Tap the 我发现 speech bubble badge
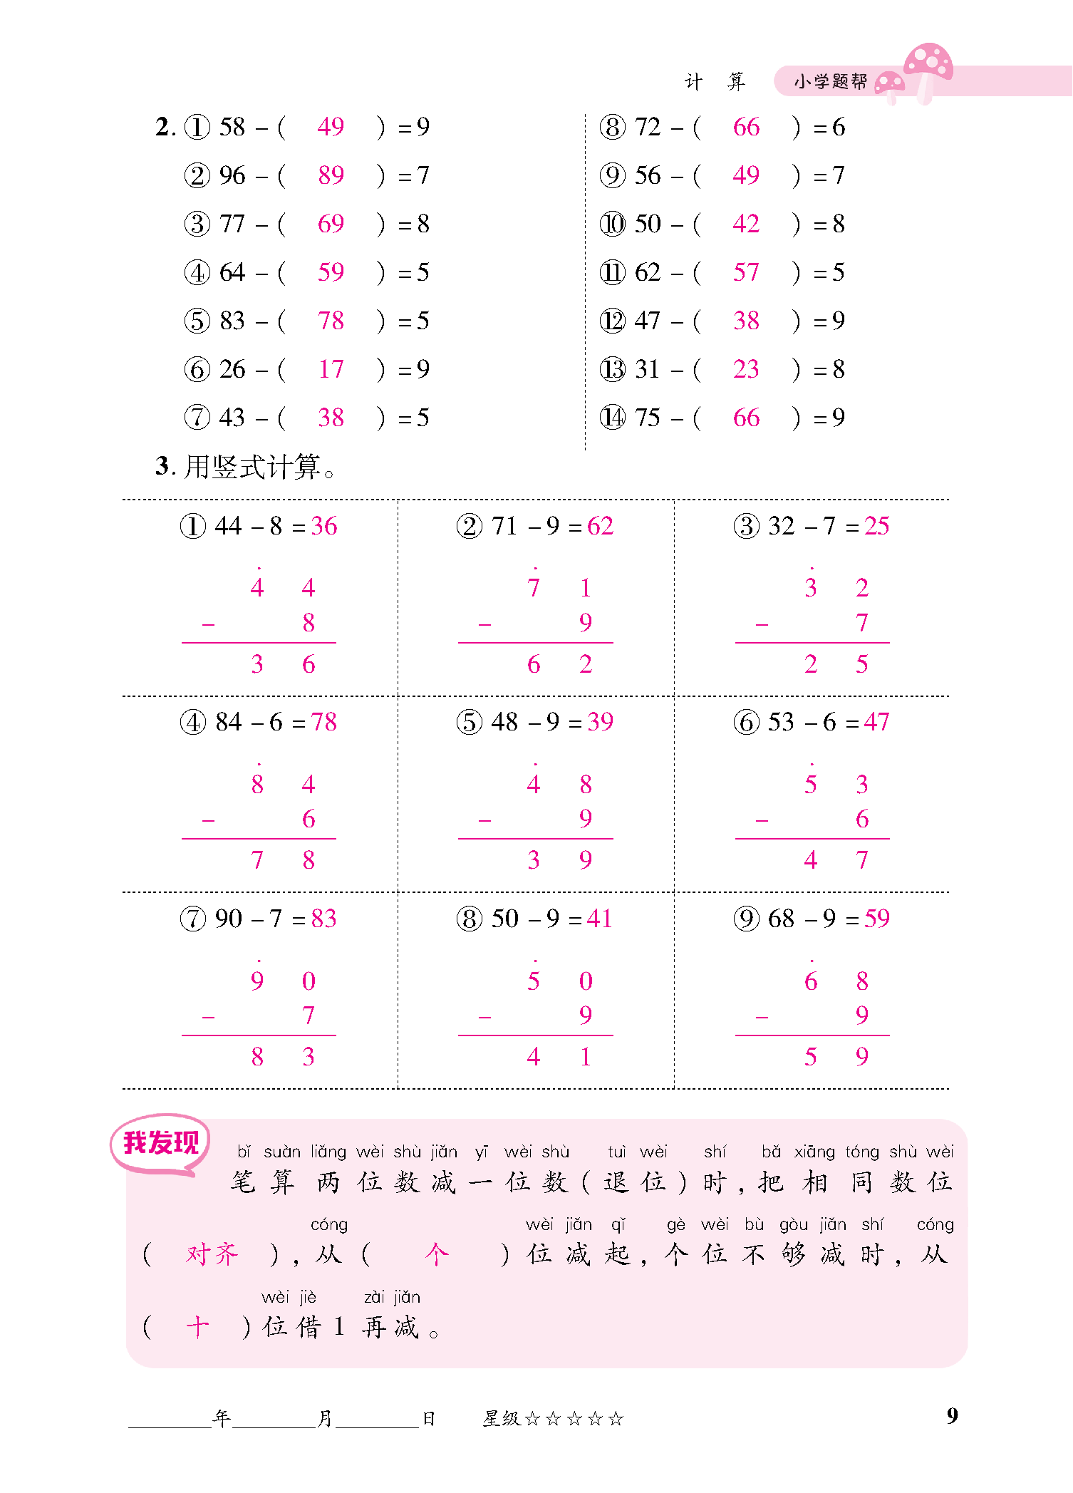pyautogui.click(x=160, y=1142)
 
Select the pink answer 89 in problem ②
pyautogui.click(x=331, y=175)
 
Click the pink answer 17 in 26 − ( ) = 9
pyautogui.click(x=331, y=369)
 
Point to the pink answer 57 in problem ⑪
pyautogui.click(x=746, y=272)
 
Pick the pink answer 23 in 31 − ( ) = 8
pyautogui.click(x=746, y=369)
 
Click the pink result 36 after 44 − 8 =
pyautogui.click(x=323, y=527)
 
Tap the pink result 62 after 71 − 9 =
pyautogui.click(x=600, y=527)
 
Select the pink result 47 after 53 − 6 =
pyautogui.click(x=876, y=723)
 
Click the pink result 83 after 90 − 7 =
pyautogui.click(x=323, y=919)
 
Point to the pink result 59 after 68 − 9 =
pyautogui.click(x=876, y=919)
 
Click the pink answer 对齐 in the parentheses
pyautogui.click(x=212, y=1254)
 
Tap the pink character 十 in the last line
pyautogui.click(x=197, y=1327)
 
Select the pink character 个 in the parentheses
pyautogui.click(x=436, y=1254)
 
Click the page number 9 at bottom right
pyautogui.click(x=952, y=1415)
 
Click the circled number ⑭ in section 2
pyautogui.click(x=612, y=418)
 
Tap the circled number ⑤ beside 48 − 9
pyautogui.click(x=470, y=723)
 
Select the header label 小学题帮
pyautogui.click(x=831, y=82)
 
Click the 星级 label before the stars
pyautogui.click(x=501, y=1419)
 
